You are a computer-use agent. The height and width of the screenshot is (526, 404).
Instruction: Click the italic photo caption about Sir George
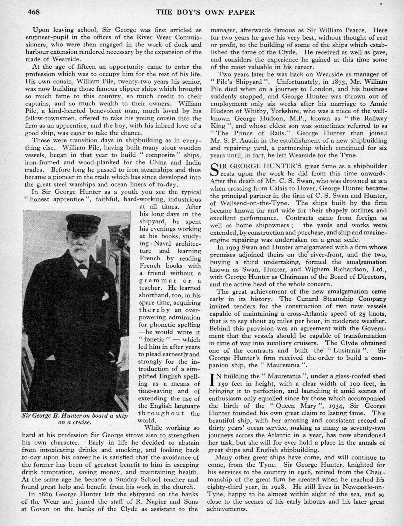point(75,419)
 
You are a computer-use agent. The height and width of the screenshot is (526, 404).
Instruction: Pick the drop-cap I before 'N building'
point(211,380)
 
